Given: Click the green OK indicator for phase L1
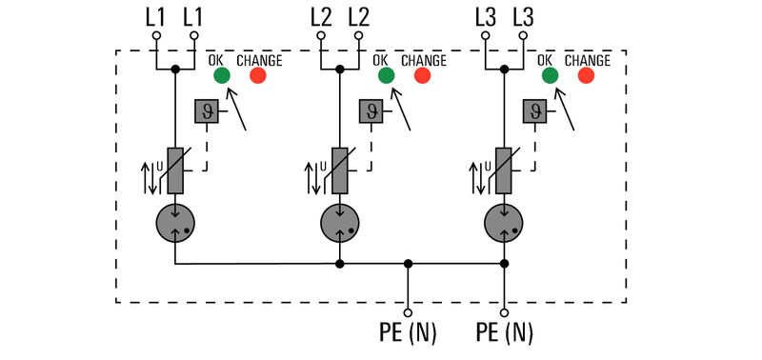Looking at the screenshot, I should (221, 76).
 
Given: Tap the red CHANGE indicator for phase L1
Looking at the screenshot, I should (258, 76).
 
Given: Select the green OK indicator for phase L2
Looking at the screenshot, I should (385, 76).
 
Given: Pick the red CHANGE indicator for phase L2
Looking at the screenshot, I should (422, 76).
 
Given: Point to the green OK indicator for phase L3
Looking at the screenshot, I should (549, 76).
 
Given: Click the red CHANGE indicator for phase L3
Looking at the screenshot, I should (586, 76).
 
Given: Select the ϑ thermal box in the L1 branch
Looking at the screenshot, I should (206, 112).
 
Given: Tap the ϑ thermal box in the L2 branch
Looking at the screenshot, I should (370, 112).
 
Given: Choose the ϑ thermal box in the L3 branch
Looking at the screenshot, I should (534, 112).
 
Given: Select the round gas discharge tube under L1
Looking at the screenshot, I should (175, 223).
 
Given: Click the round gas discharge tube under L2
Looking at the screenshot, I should (339, 223).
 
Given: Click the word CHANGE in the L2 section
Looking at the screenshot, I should (422, 60).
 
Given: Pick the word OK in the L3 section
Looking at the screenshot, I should (549, 60).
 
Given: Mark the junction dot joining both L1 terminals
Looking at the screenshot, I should (175, 70).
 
